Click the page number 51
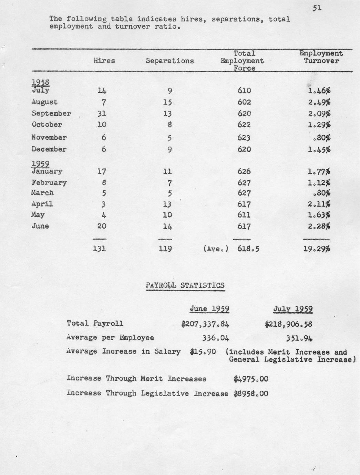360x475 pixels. [x=317, y=8]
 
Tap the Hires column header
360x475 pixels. [x=104, y=61]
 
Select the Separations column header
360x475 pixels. [x=169, y=61]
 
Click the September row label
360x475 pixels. [x=51, y=114]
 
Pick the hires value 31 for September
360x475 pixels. [x=102, y=114]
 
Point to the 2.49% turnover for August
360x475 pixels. [x=319, y=102]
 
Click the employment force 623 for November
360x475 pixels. [x=244, y=138]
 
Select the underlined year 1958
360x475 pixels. [x=40, y=82]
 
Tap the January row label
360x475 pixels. [x=47, y=171]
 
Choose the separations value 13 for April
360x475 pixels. [x=167, y=204]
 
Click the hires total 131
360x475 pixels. [x=100, y=248]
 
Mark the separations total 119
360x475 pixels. [x=165, y=248]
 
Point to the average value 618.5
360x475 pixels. [x=248, y=248]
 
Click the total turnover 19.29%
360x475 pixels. [x=317, y=248]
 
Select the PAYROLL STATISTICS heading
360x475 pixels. [x=185, y=285]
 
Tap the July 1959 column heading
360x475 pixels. [x=293, y=309]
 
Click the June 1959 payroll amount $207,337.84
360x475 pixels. [x=205, y=324]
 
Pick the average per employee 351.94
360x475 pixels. [x=299, y=338]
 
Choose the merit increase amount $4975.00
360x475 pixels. [x=250, y=379]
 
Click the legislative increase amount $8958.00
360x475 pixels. [x=250, y=394]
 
